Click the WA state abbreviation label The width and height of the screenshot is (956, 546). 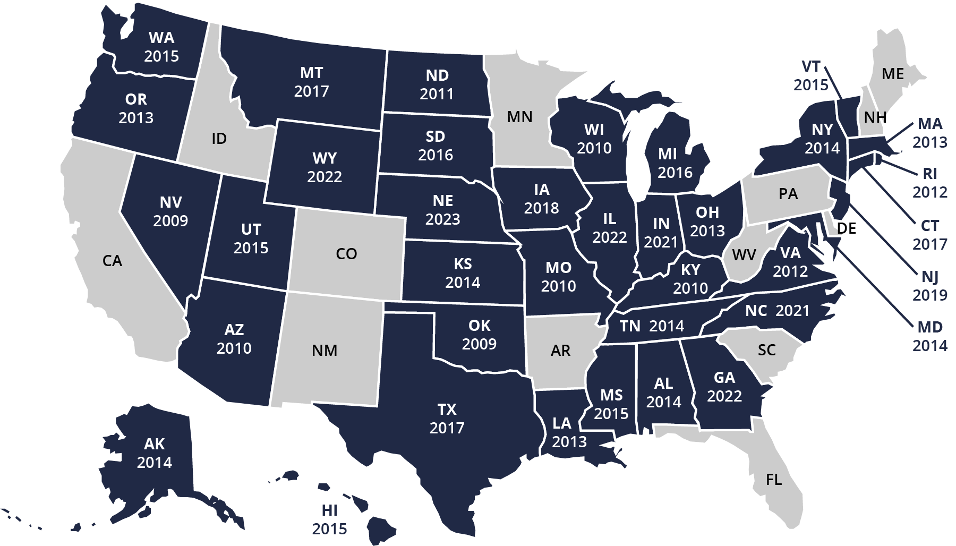(161, 38)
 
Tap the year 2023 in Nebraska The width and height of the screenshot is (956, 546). (442, 219)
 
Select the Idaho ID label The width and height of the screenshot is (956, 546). (219, 139)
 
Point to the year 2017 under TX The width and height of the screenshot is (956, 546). (447, 428)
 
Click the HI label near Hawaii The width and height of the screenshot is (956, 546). (329, 510)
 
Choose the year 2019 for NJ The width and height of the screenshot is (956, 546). (930, 295)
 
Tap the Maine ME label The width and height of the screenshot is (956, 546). (892, 74)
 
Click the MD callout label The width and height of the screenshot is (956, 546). (930, 327)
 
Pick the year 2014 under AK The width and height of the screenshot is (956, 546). (155, 463)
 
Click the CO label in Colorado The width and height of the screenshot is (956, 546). (346, 254)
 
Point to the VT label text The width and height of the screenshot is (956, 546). (811, 66)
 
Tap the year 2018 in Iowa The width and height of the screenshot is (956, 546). (541, 208)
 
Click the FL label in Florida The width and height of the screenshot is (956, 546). (774, 480)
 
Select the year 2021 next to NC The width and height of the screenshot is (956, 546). (792, 311)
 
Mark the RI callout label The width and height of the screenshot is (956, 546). (930, 174)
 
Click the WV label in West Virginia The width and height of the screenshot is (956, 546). (744, 255)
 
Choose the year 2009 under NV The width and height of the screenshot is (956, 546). (170, 221)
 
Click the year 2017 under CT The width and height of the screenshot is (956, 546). (930, 244)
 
